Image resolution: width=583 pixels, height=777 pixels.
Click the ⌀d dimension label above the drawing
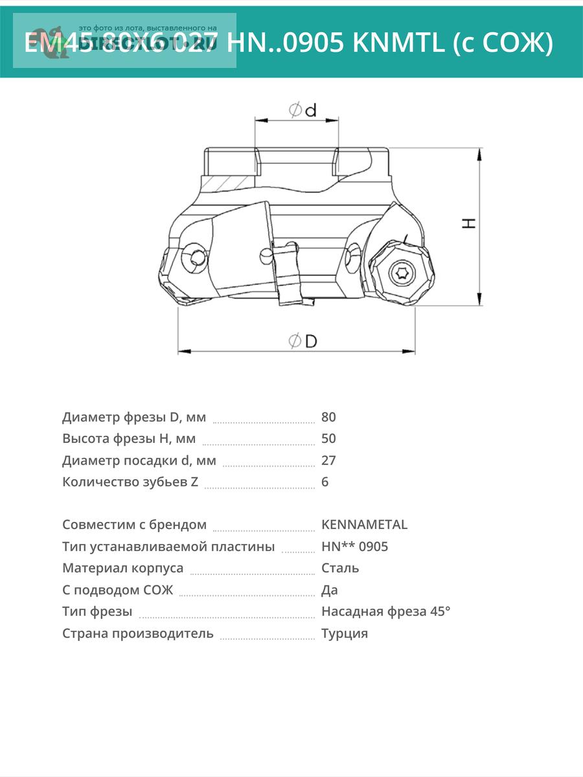[303, 111]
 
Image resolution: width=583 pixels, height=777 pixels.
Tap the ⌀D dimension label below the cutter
[303, 341]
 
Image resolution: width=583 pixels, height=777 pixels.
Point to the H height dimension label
[468, 223]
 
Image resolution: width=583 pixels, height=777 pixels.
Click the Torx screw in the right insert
[399, 273]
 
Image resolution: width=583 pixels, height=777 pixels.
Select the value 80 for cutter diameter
[328, 417]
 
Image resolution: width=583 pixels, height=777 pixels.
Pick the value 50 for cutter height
[328, 438]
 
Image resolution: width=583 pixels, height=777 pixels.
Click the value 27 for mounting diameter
[328, 460]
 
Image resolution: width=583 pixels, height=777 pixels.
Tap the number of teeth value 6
[325, 482]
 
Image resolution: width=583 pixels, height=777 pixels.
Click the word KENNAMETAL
[364, 524]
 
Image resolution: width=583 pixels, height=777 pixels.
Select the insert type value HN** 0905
[354, 546]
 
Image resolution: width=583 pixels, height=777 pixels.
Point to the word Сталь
[340, 568]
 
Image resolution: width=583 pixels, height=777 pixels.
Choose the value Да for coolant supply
[330, 590]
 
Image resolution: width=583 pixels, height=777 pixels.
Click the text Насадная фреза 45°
[385, 611]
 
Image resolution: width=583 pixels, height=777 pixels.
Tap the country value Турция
[345, 633]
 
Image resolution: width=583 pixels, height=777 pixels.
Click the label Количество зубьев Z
[130, 482]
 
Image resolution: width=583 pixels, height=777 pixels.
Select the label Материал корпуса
[123, 568]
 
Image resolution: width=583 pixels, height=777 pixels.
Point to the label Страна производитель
[138, 633]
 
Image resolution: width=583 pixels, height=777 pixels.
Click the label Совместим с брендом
[135, 524]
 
